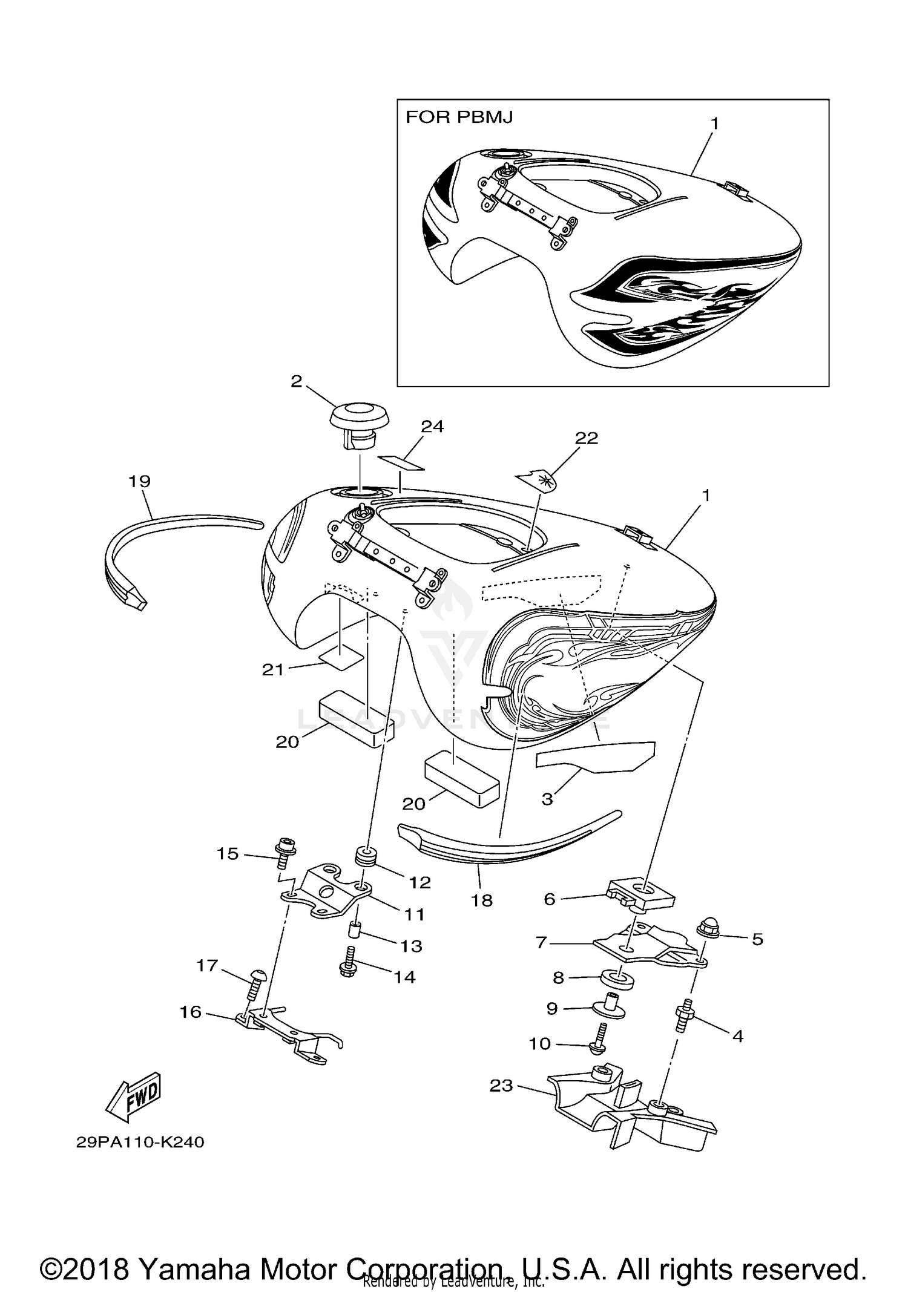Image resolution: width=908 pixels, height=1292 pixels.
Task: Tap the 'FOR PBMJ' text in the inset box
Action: (459, 117)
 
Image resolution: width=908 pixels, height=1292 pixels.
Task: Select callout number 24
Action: (432, 427)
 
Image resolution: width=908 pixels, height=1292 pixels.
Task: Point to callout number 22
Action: (586, 438)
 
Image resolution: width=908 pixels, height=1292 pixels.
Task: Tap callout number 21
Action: (272, 669)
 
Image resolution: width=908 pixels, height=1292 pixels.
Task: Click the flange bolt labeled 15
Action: (284, 852)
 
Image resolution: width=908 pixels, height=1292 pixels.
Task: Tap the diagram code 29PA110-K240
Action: (140, 1142)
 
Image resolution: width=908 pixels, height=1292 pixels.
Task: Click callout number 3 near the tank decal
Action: (547, 799)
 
